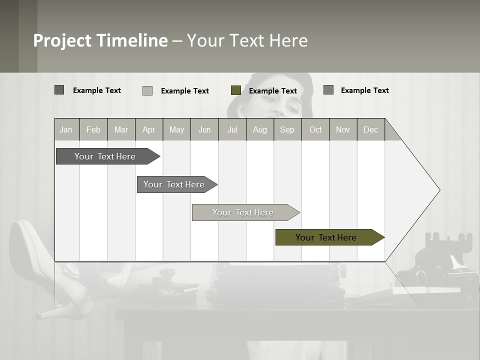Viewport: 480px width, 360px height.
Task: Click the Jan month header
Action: point(66,129)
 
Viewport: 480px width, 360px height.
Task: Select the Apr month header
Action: point(149,129)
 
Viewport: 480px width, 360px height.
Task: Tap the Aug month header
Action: point(259,129)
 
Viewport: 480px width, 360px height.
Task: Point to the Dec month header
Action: point(370,129)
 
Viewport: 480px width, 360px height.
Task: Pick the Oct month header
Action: point(315,129)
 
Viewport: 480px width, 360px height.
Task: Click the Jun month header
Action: point(204,129)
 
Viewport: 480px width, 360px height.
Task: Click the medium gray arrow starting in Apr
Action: point(175,184)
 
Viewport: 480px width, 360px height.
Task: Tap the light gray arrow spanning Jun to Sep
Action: point(244,212)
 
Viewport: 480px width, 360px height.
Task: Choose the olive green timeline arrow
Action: point(328,237)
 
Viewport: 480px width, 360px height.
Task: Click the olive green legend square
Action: point(236,90)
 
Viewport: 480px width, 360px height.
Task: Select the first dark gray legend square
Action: point(59,90)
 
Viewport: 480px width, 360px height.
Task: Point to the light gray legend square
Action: point(147,90)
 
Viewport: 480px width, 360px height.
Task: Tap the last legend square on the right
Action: point(328,90)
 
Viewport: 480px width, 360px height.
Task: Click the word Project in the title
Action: point(62,40)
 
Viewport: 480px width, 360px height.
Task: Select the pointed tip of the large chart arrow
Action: point(439,190)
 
